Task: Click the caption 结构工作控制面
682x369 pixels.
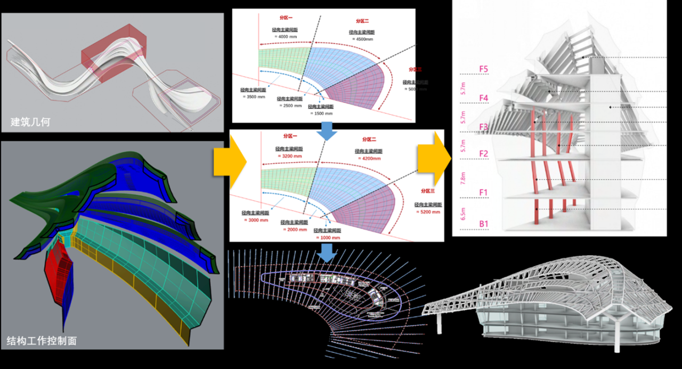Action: (42, 340)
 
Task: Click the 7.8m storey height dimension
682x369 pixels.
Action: (463, 178)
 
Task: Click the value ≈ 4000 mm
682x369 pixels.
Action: (283, 36)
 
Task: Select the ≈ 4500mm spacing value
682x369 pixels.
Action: (362, 39)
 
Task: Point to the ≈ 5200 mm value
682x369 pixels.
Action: (428, 212)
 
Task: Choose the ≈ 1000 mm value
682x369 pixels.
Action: (329, 237)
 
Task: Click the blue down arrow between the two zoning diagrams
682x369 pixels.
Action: (327, 131)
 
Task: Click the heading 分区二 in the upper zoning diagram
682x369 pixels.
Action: (362, 21)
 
